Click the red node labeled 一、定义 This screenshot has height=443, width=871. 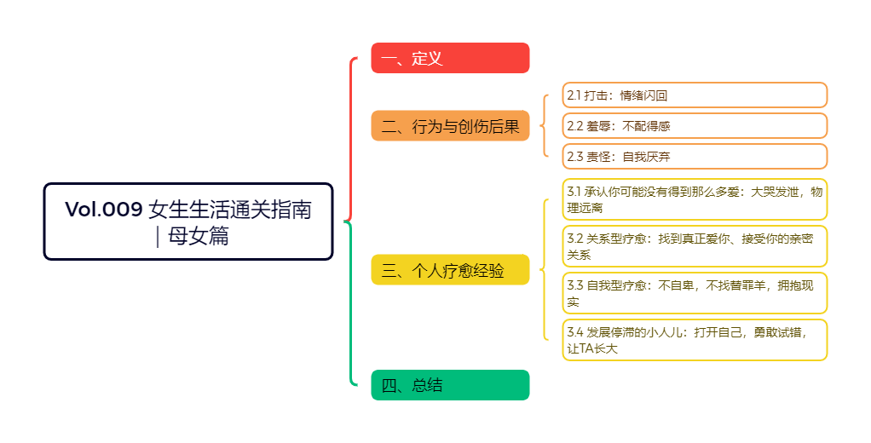click(450, 58)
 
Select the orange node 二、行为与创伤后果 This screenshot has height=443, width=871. click(450, 126)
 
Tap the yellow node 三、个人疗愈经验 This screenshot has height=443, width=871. click(450, 270)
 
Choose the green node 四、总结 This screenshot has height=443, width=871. click(450, 385)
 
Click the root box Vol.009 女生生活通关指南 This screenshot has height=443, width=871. click(188, 221)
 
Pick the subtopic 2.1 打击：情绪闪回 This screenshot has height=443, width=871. click(695, 95)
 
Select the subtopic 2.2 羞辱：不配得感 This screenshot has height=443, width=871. click(695, 125)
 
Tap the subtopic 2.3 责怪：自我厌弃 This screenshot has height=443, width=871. click(695, 156)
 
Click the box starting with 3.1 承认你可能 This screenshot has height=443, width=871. click(695, 199)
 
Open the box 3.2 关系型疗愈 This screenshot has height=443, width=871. click(695, 246)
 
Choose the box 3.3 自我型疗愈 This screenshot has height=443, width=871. click(695, 293)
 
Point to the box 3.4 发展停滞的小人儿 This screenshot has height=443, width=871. click(695, 340)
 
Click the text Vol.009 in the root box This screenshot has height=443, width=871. click(104, 210)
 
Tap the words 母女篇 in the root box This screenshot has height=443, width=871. click(199, 236)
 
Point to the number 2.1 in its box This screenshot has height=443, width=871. click(574, 95)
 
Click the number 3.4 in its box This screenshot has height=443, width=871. click(575, 332)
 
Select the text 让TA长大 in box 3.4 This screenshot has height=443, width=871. click(592, 348)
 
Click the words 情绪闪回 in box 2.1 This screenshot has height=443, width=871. click(643, 95)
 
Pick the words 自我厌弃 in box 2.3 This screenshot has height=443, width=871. click(646, 157)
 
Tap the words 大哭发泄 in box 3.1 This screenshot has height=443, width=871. click(775, 192)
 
